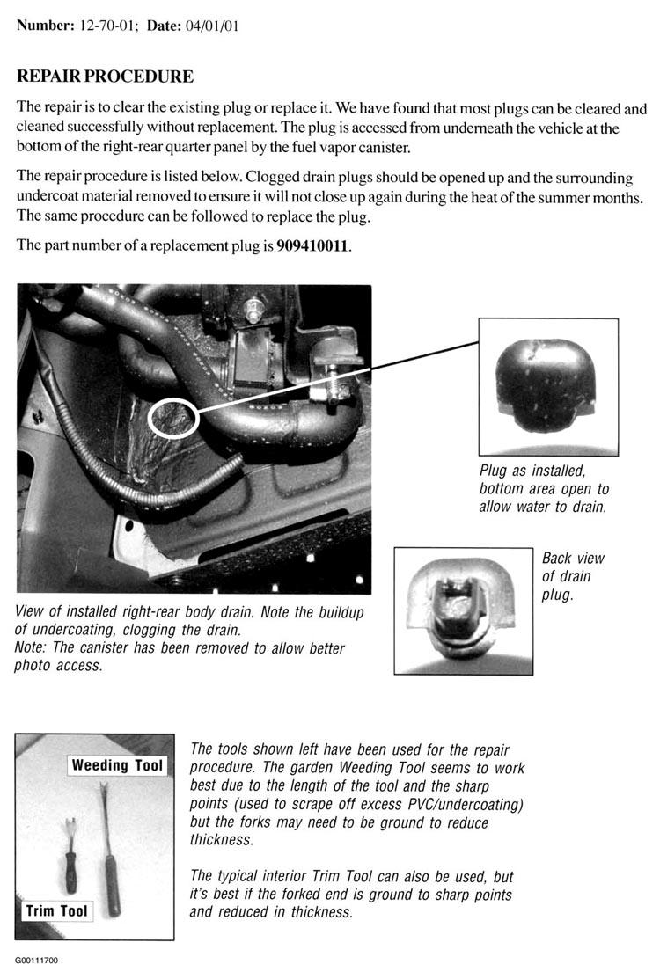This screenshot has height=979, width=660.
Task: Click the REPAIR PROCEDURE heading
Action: [105, 77]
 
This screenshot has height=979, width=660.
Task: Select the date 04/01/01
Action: [212, 26]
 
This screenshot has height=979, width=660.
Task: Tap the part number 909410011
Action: [312, 245]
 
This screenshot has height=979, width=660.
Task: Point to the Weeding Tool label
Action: [117, 765]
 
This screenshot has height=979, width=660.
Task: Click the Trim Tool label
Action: [57, 910]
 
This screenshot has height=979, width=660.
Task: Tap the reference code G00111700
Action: [36, 961]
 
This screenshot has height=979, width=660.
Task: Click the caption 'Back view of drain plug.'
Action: [573, 575]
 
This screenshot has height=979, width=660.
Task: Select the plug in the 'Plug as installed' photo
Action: [545, 384]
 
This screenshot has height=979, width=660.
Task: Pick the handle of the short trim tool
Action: [71, 873]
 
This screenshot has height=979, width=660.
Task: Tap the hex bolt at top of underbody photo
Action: [254, 309]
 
